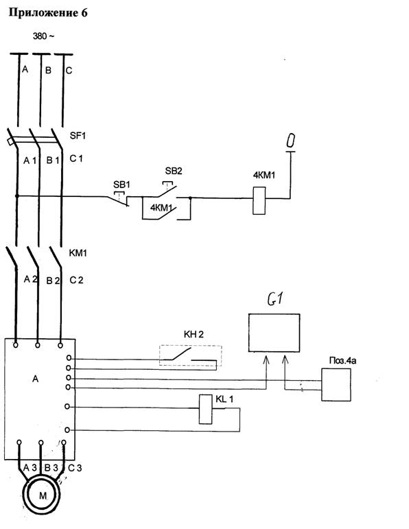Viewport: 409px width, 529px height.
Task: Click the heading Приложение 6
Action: click(x=48, y=13)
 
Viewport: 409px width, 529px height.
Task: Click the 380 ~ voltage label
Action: click(x=43, y=36)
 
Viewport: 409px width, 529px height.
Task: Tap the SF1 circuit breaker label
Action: click(x=78, y=136)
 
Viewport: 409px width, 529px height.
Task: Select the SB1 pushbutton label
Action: click(x=121, y=185)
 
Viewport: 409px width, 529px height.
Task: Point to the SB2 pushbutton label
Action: click(x=174, y=171)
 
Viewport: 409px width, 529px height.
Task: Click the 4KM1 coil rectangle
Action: click(x=259, y=201)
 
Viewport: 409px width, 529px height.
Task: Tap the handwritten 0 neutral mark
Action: click(x=290, y=141)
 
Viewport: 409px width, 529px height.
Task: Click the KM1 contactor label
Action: click(x=78, y=253)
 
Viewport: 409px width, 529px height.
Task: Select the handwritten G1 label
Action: click(x=275, y=298)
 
